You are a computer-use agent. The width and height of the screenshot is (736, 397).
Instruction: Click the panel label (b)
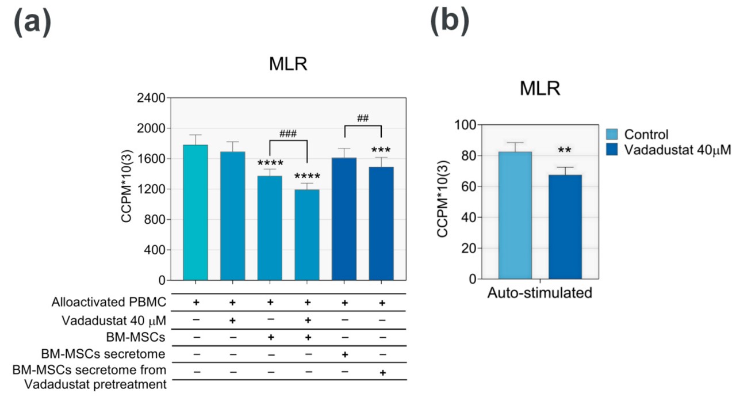pos(449,21)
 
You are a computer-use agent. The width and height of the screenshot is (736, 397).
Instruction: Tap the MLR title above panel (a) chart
pos(288,64)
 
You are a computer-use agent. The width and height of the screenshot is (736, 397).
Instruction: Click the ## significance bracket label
pos(362,119)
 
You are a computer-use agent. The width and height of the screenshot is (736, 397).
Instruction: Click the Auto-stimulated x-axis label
pos(539,293)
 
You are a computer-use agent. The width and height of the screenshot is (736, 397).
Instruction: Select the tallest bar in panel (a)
pos(195,212)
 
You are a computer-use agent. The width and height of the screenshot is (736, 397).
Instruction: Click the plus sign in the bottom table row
pos(382,373)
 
